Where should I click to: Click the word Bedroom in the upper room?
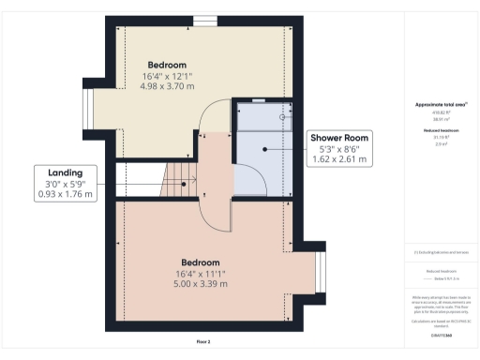click(166, 65)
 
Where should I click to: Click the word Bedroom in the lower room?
click(200, 262)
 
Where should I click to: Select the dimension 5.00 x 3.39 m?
click(200, 283)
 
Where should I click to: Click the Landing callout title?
click(66, 172)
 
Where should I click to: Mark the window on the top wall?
click(203, 21)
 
